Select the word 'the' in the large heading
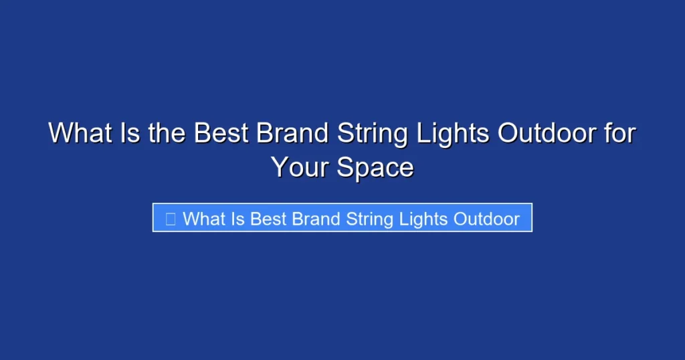coord(167,133)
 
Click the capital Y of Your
coord(280,167)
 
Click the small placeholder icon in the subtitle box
coord(171,219)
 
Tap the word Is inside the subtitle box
coord(239,219)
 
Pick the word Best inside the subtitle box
coord(269,219)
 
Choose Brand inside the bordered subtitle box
coord(316,219)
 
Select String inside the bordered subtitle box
coord(369,219)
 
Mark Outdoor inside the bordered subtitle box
coord(486,219)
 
